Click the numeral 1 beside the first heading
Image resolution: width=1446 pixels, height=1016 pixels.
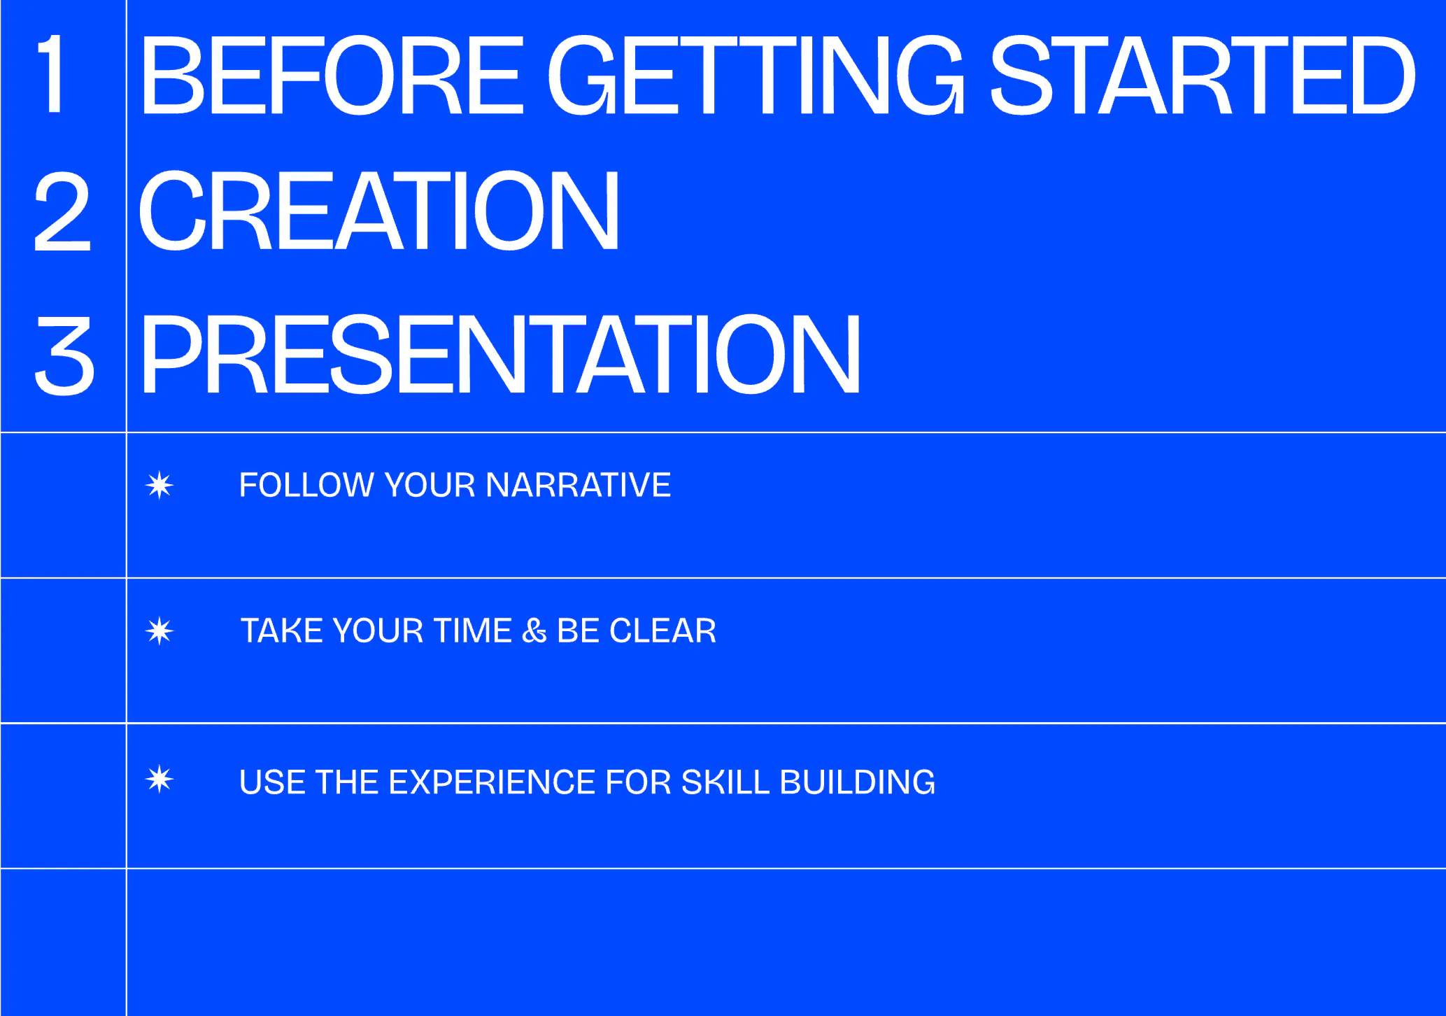pyautogui.click(x=52, y=74)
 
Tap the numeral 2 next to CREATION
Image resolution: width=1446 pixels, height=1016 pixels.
pyautogui.click(x=62, y=211)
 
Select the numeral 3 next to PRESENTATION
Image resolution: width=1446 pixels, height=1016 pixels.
pyautogui.click(x=64, y=355)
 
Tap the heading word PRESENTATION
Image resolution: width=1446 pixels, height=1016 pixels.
pyautogui.click(x=500, y=355)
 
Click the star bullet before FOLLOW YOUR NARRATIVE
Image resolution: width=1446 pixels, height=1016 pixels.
pyautogui.click(x=160, y=485)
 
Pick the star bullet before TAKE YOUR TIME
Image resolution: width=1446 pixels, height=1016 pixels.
pyautogui.click(x=160, y=631)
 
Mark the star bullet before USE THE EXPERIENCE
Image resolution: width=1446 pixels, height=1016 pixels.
pyautogui.click(x=160, y=779)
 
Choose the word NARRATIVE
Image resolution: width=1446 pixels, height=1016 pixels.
pyautogui.click(x=578, y=485)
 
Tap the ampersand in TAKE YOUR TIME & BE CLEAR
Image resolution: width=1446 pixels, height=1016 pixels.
pyautogui.click(x=534, y=631)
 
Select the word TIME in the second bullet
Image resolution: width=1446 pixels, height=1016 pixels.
pyautogui.click(x=474, y=631)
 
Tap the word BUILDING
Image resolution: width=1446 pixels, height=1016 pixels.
pyautogui.click(x=857, y=782)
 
